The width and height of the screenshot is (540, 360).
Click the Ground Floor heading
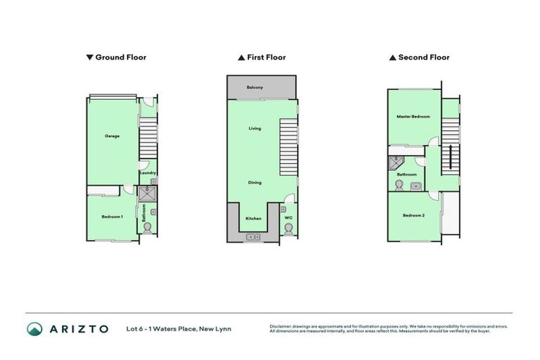tap(117, 58)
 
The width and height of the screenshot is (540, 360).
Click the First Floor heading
tap(262, 58)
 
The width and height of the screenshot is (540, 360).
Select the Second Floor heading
tap(420, 58)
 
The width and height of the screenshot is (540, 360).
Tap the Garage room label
tap(112, 136)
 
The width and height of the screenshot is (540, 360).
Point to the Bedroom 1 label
tap(112, 217)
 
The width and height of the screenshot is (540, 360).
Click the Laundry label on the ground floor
tap(147, 173)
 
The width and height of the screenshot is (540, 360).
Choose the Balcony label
tap(255, 87)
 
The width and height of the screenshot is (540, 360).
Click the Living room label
tap(255, 129)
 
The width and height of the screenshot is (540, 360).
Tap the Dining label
tap(255, 183)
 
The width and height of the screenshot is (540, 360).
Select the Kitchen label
tap(253, 219)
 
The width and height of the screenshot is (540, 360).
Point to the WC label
tap(288, 219)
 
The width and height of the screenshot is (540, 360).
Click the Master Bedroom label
tap(413, 117)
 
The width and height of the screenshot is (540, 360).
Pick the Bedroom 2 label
tap(413, 215)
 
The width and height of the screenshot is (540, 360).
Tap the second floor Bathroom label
tap(406, 174)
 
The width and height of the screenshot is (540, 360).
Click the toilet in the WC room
tap(288, 231)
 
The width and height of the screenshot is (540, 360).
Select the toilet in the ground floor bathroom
tap(147, 228)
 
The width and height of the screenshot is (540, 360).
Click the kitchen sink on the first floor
tap(253, 238)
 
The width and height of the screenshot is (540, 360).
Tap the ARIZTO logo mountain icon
tap(34, 329)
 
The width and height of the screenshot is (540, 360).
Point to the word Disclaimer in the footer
tap(281, 326)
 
